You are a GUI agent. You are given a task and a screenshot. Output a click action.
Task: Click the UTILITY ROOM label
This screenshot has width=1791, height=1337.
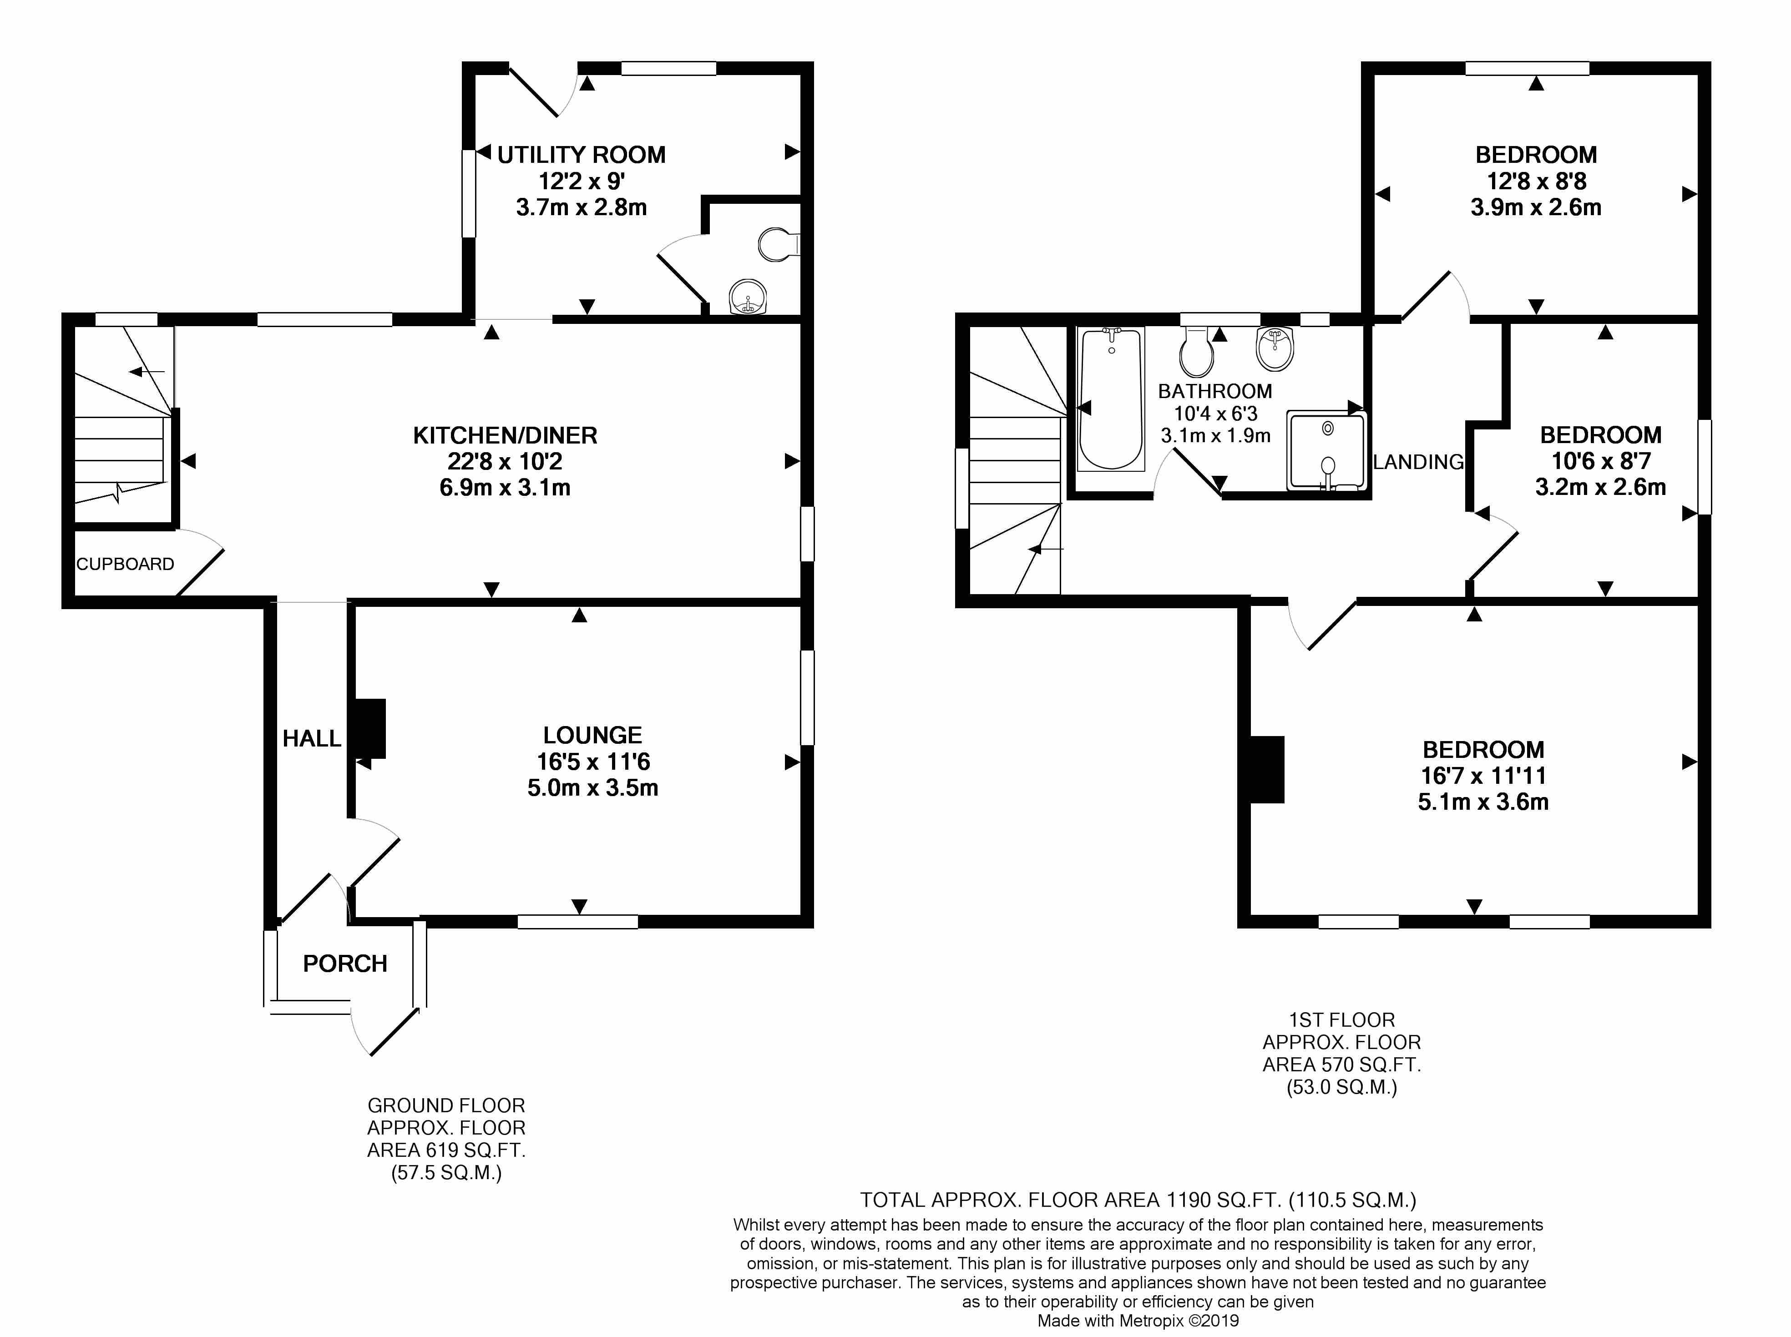[581, 155]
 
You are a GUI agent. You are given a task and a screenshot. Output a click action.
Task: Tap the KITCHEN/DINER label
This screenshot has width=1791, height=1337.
[505, 435]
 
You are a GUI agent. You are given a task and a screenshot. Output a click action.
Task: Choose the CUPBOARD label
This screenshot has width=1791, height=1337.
[126, 564]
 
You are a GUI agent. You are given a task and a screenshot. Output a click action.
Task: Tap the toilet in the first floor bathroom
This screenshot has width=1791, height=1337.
[1197, 350]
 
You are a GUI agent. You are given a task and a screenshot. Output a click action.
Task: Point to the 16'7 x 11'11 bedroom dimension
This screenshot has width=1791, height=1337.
[1483, 775]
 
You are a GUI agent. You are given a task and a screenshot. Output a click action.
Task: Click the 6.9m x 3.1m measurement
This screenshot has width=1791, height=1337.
[505, 487]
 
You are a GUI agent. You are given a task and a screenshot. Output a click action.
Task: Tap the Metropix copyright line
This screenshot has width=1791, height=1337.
[1138, 1321]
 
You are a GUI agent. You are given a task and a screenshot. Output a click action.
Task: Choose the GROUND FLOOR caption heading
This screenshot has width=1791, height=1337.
[446, 1105]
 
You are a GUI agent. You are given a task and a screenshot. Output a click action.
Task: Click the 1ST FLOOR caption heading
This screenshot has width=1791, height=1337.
[1342, 1020]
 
